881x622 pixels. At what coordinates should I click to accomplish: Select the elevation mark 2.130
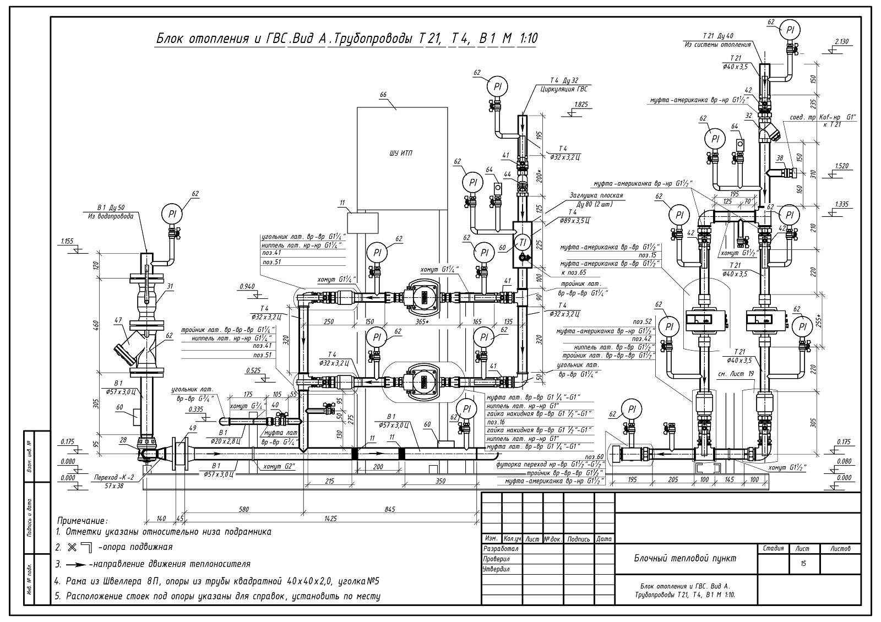point(842,42)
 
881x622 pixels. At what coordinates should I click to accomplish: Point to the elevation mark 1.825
point(580,104)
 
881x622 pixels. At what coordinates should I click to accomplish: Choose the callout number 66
point(383,95)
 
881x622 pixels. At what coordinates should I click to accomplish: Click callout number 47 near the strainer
point(118,319)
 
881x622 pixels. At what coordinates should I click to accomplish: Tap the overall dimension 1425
point(330,518)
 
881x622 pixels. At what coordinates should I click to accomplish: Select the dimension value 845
point(389,509)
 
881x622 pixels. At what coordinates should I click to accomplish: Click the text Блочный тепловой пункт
point(683,558)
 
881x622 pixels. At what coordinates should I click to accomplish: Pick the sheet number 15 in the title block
point(803,564)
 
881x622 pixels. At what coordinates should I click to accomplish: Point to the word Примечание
point(83,520)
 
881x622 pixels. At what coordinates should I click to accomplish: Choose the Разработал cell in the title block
point(501,549)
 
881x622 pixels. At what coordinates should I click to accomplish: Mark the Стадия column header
point(774,548)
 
